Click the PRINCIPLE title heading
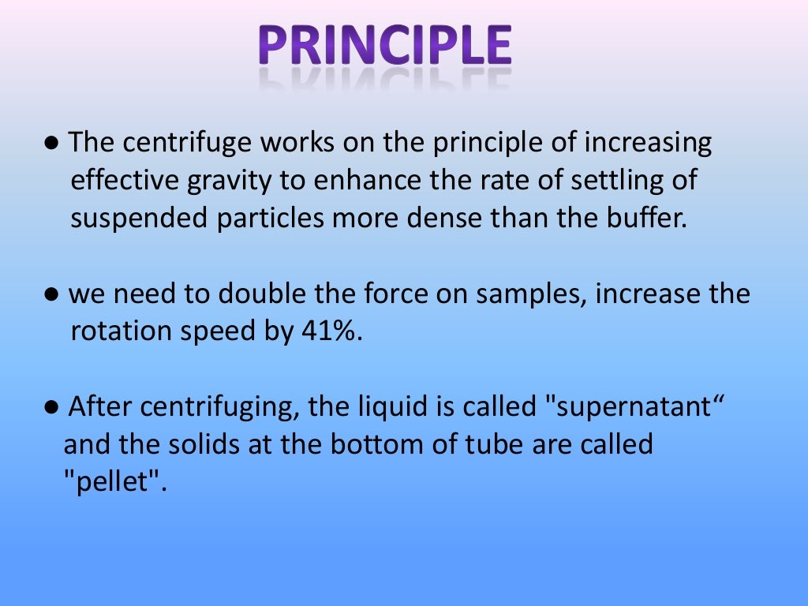tap(384, 47)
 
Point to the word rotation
tap(120, 331)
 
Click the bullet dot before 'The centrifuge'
tap(51, 144)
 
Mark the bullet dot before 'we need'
tap(51, 295)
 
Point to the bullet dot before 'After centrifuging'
tap(51, 408)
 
